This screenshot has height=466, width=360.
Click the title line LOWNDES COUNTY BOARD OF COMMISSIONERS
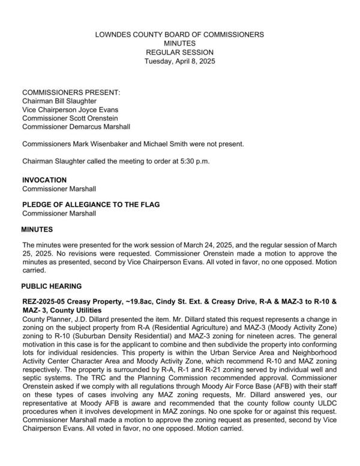(x=179, y=35)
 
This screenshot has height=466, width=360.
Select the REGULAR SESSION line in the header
(x=179, y=53)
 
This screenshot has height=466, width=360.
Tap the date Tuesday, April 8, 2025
(x=179, y=61)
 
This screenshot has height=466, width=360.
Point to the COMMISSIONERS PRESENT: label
(x=71, y=93)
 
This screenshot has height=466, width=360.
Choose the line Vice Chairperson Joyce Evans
(x=70, y=110)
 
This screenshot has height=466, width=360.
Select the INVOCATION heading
(x=44, y=180)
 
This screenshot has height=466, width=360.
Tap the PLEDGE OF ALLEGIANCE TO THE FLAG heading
(x=91, y=205)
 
